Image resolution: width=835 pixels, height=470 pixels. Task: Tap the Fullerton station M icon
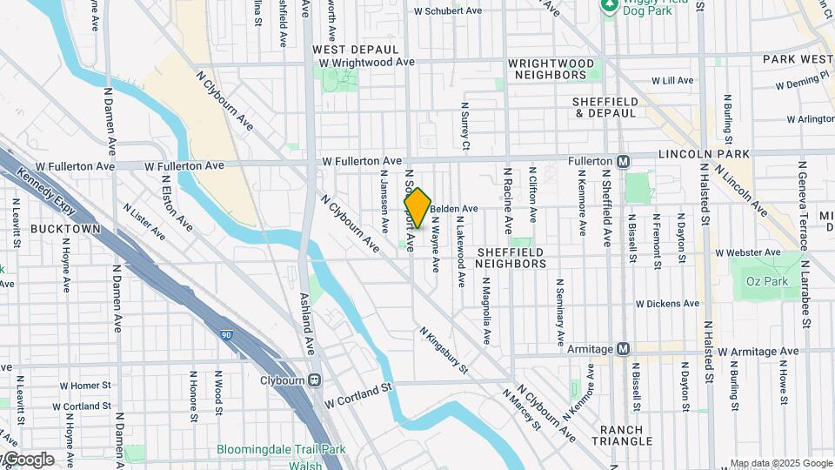(623, 161)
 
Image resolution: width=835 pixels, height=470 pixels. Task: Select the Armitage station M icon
(623, 348)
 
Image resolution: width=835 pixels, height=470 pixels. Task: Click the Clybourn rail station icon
(314, 380)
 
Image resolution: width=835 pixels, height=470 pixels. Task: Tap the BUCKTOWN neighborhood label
(65, 229)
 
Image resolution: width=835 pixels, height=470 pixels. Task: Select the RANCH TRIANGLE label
(621, 435)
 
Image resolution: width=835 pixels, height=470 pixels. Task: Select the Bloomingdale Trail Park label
(281, 450)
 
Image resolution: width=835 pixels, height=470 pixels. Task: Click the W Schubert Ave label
(447, 11)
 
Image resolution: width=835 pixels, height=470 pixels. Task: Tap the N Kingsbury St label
(444, 351)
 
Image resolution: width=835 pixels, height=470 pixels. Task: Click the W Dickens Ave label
(667, 304)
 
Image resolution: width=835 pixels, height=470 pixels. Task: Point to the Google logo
(28, 460)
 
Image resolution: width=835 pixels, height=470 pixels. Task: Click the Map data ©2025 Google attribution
(780, 463)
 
